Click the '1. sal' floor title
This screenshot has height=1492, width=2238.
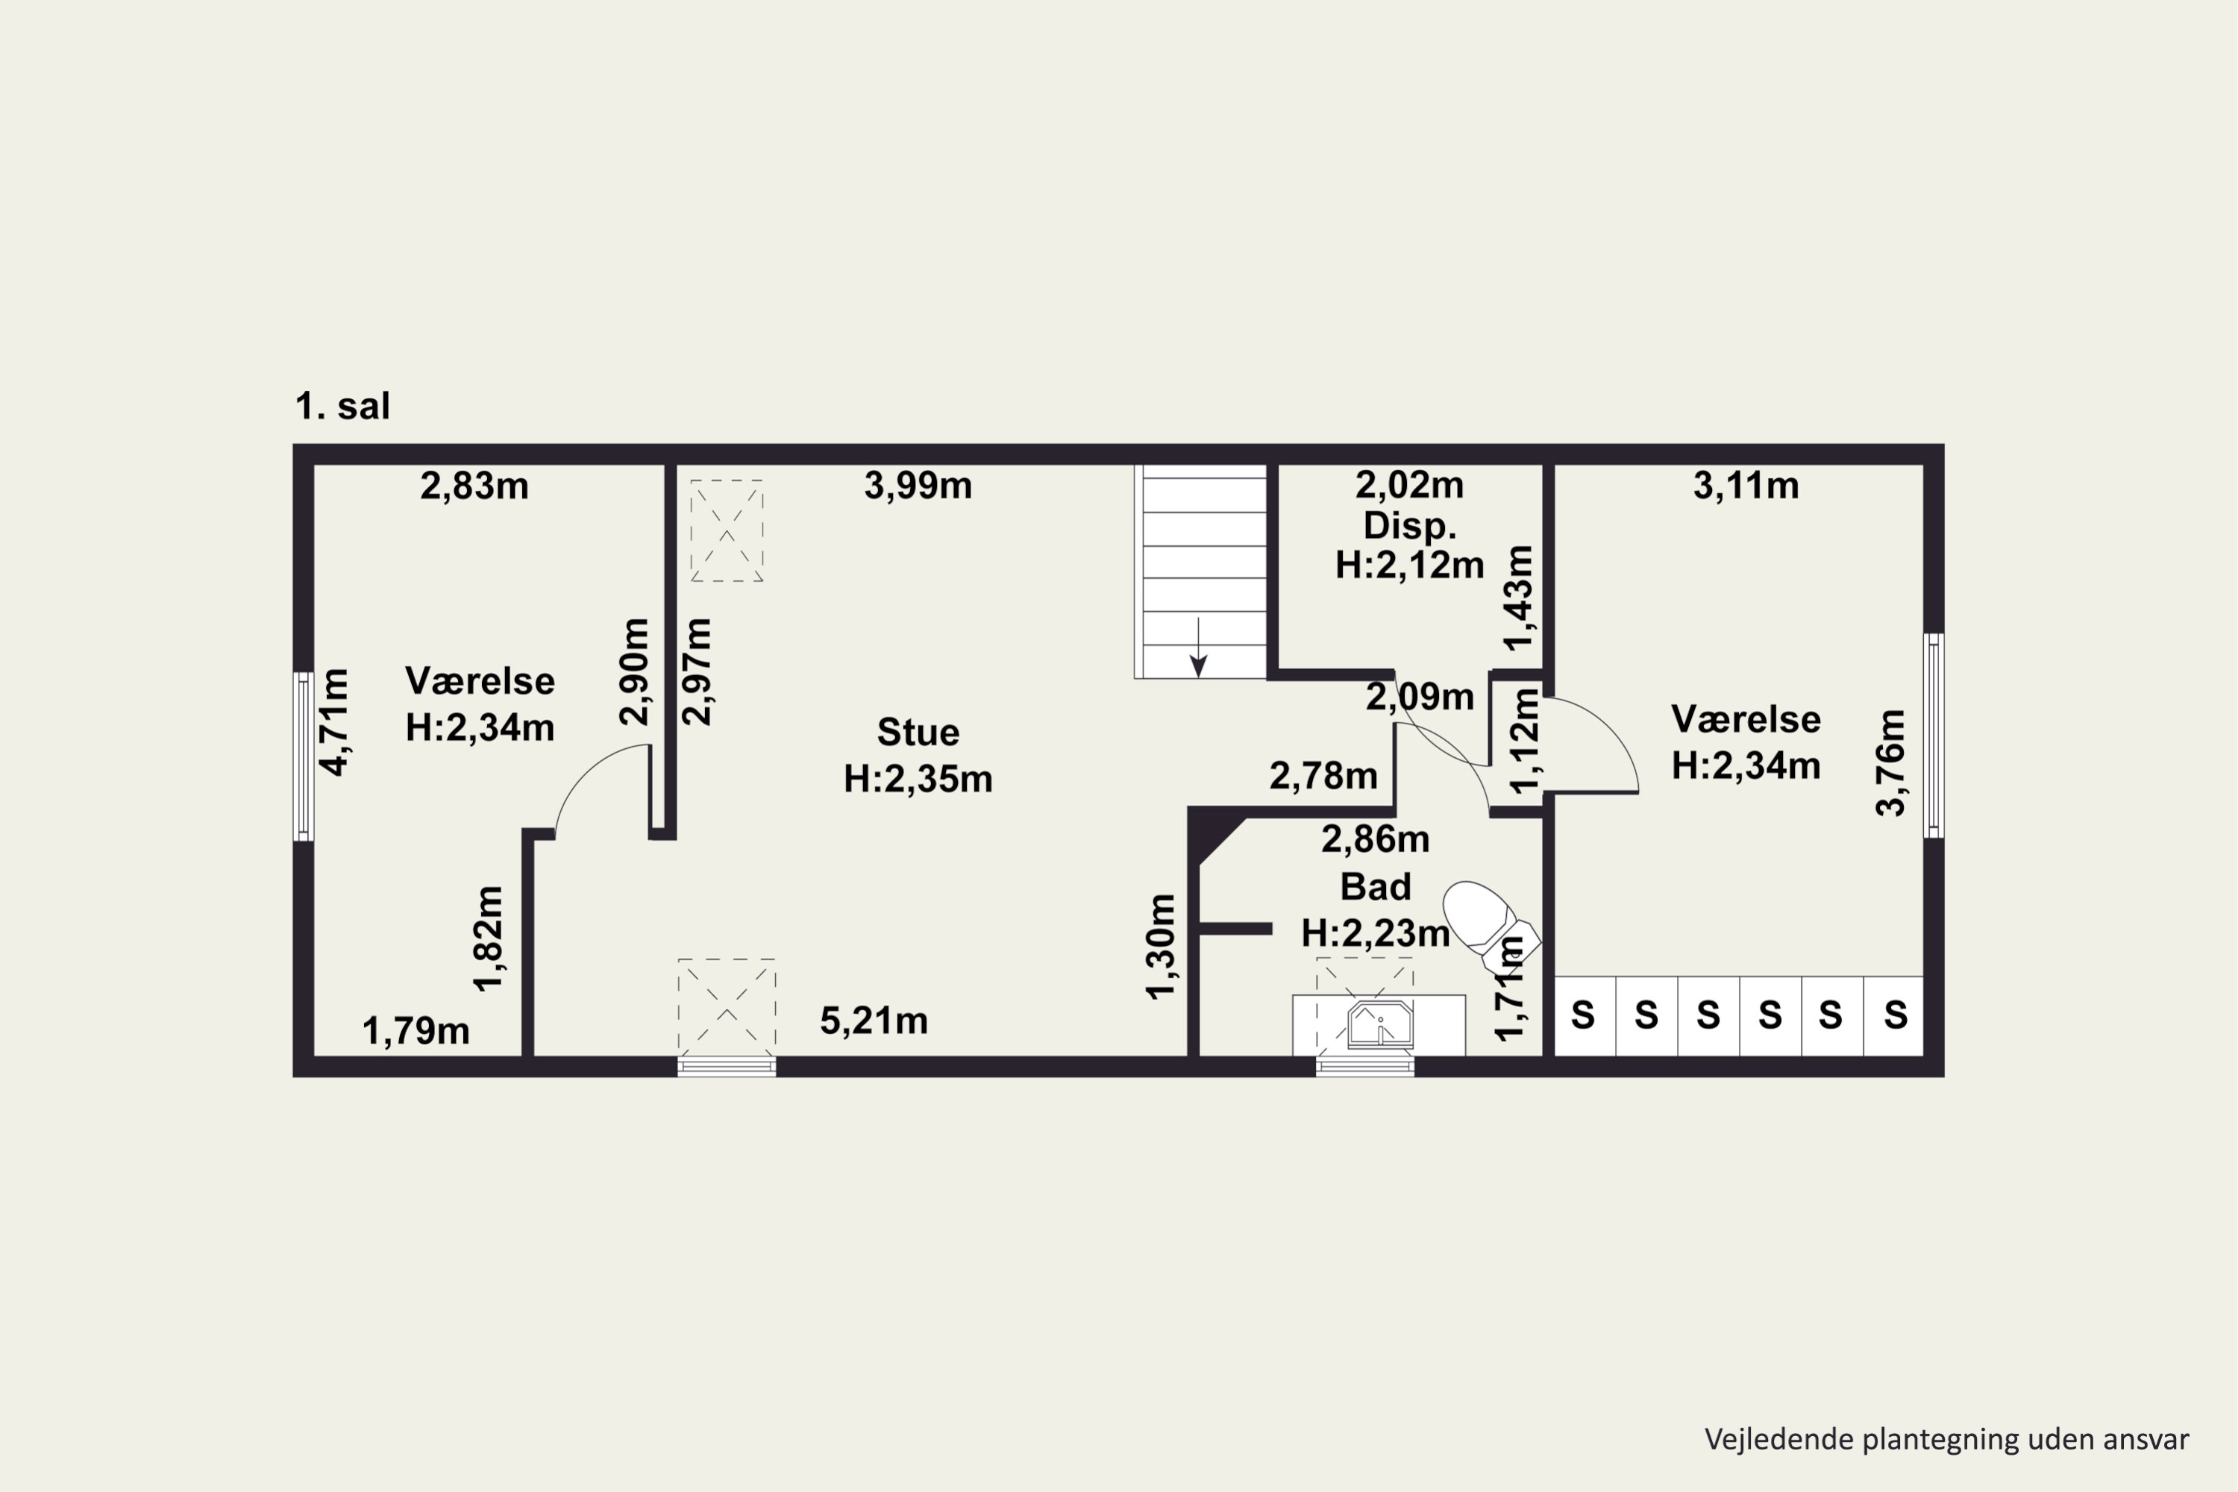[342, 407]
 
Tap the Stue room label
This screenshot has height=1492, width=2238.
[918, 733]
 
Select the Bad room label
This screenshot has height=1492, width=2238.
[1375, 887]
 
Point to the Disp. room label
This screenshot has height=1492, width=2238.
[1409, 525]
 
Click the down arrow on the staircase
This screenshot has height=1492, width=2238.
[1199, 647]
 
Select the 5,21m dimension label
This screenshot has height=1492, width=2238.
[874, 1021]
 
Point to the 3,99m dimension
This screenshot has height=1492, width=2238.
[918, 486]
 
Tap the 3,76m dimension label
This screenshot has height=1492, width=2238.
[1890, 763]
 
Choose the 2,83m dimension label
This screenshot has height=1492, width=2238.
[474, 486]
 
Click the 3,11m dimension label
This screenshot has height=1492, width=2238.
[1746, 486]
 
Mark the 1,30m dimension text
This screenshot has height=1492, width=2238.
[1161, 947]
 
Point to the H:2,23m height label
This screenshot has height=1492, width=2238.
[1375, 933]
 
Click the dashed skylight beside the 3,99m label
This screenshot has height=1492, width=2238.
[727, 531]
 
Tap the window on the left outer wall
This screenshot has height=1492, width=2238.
[304, 756]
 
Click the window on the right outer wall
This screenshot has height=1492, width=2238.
[1934, 736]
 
